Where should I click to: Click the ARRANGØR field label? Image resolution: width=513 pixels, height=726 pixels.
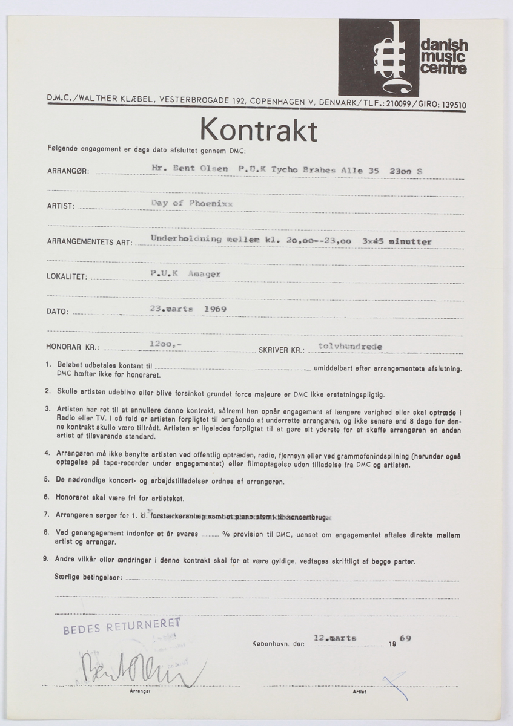[x=68, y=171]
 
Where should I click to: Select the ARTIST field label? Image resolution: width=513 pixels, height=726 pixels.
[x=61, y=206]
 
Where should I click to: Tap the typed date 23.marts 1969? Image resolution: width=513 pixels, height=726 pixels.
[x=188, y=308]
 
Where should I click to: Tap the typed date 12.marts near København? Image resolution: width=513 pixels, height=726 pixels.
[x=335, y=638]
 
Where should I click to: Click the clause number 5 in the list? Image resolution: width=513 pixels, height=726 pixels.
[x=47, y=480]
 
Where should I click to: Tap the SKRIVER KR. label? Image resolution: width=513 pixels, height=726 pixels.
[x=280, y=350]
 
